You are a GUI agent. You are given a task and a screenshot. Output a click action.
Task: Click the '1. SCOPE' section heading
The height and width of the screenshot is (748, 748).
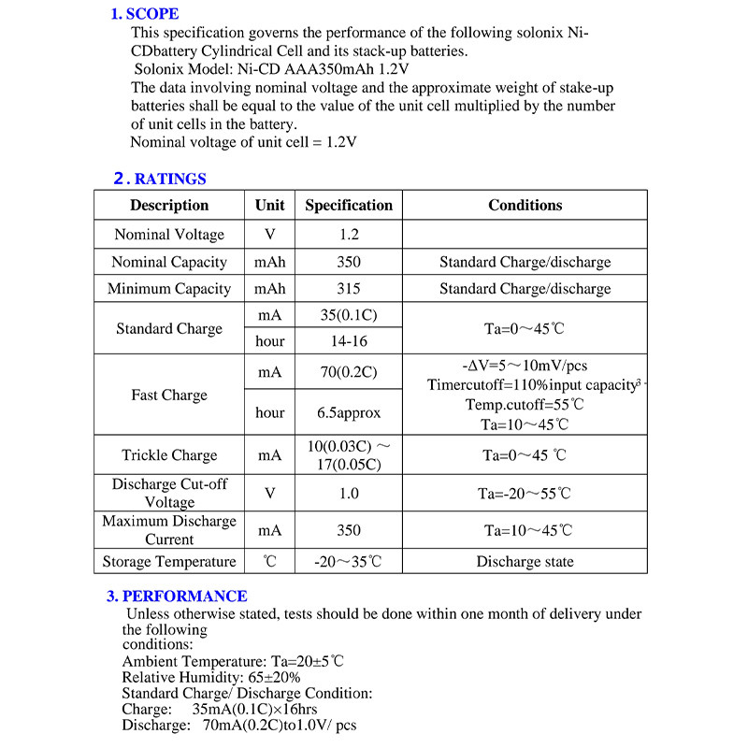[x=145, y=14]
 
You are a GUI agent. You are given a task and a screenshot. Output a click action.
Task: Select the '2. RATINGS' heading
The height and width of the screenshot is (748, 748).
[x=160, y=179]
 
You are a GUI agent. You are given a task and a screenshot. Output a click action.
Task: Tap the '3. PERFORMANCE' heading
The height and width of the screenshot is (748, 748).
[x=177, y=596]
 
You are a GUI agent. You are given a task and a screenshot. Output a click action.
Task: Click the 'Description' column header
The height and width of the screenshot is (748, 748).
[x=169, y=205]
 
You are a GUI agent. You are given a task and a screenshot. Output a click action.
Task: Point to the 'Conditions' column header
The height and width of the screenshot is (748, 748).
[x=525, y=205]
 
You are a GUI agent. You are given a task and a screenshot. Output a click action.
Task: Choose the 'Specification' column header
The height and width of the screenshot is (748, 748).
[x=349, y=205]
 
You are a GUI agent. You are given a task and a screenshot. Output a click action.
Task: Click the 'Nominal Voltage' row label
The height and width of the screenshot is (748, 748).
[x=169, y=235]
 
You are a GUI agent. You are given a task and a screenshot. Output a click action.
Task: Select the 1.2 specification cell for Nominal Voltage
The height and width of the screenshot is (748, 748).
[x=349, y=235]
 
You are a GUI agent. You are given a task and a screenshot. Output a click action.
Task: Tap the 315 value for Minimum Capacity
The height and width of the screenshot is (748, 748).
[x=349, y=289]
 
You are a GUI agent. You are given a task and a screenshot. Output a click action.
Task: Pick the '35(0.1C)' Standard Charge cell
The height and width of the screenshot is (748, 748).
[x=349, y=315]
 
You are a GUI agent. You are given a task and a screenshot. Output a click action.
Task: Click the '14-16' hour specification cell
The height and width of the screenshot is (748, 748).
[x=349, y=341]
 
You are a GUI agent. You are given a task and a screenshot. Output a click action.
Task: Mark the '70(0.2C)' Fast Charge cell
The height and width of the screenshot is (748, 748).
[x=349, y=372]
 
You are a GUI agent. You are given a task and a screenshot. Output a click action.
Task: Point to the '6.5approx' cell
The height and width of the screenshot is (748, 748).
[x=349, y=412]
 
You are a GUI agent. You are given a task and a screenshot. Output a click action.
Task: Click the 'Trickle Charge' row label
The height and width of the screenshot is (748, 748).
[x=169, y=455]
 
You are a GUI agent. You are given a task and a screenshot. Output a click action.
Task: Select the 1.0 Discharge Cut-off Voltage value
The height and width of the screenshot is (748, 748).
[x=349, y=493]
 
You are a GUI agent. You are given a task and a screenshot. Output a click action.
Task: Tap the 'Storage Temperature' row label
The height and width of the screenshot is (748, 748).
[x=169, y=562]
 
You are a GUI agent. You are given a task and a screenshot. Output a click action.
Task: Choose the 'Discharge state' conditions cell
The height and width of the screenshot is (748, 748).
[x=525, y=562]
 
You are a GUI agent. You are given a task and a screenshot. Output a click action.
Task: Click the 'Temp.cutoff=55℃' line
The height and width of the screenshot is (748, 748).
[x=525, y=405]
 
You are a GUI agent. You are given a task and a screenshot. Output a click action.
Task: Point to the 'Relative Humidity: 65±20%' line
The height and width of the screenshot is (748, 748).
[x=211, y=677]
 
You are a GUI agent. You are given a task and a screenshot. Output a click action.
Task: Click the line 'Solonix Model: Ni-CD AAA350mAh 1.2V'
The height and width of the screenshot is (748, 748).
[x=271, y=69]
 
